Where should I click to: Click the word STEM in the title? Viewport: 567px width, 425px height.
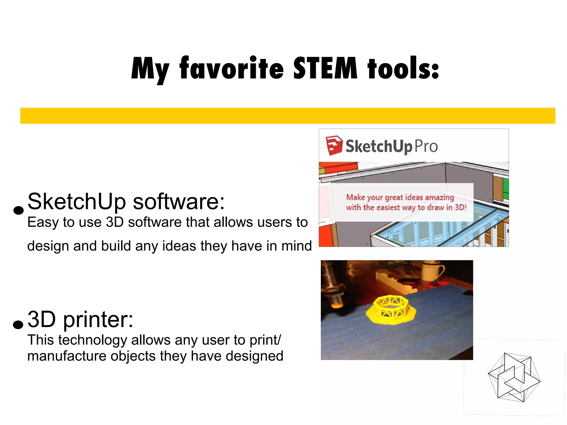tap(325, 68)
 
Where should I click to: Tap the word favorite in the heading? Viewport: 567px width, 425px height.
tap(231, 68)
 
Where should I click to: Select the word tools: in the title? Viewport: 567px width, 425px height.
tap(403, 68)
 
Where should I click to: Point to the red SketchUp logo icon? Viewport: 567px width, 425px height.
tap(334, 145)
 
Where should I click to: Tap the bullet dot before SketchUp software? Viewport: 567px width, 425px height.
tap(18, 210)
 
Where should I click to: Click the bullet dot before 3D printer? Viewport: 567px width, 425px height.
tap(18, 324)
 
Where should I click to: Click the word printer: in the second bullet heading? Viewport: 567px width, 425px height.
tap(98, 320)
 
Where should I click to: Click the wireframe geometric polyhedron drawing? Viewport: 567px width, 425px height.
tap(514, 377)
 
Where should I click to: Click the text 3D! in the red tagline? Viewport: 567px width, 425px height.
tap(460, 207)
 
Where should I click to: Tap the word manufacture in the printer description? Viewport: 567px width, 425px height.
tap(67, 356)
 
